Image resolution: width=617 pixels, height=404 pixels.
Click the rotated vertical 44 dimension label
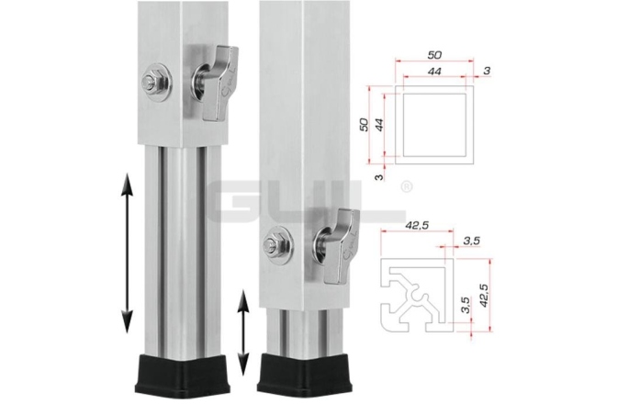(380, 123)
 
